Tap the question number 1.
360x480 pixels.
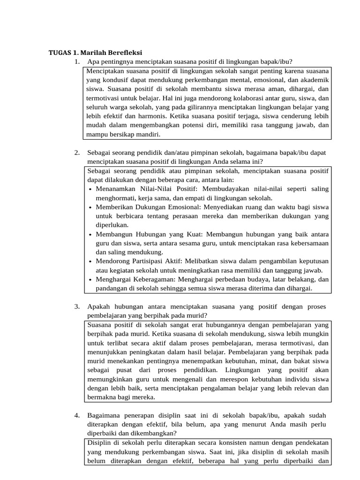point(76,62)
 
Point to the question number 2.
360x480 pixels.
point(76,153)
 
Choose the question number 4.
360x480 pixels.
point(76,416)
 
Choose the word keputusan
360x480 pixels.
point(312,261)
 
